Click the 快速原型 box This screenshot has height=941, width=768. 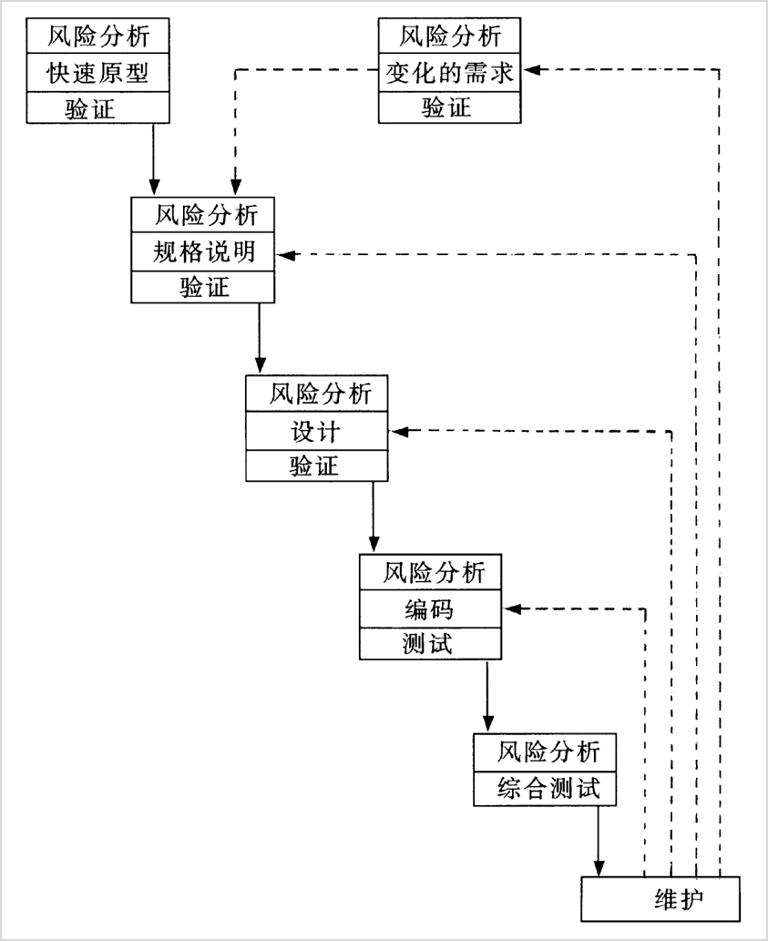click(x=97, y=73)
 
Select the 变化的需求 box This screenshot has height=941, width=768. click(x=450, y=73)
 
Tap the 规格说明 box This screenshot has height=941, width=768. click(x=203, y=253)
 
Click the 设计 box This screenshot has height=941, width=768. click(x=317, y=431)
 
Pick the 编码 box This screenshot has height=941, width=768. click(x=430, y=609)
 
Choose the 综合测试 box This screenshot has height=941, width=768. click(x=545, y=788)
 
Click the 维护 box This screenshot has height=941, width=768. click(x=660, y=899)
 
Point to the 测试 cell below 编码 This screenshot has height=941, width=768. click(x=430, y=643)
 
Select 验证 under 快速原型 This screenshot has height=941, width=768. click(x=97, y=107)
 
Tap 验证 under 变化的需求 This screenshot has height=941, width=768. click(x=450, y=107)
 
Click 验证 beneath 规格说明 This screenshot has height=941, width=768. click(x=203, y=288)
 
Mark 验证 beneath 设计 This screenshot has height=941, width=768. click(x=317, y=465)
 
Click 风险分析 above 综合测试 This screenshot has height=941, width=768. click(x=545, y=752)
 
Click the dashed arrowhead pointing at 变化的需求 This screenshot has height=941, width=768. click(x=530, y=69)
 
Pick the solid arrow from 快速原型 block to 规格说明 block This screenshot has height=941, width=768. click(x=153, y=159)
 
